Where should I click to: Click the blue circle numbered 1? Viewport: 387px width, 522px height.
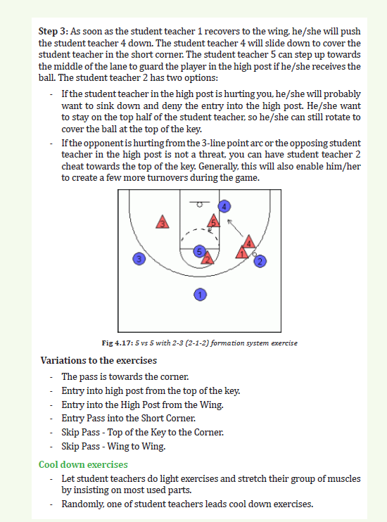pyautogui.click(x=200, y=295)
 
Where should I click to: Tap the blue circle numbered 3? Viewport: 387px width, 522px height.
pyautogui.click(x=139, y=259)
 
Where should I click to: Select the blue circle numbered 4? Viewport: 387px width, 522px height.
pyautogui.click(x=224, y=206)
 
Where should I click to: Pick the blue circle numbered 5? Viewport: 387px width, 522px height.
pyautogui.click(x=199, y=251)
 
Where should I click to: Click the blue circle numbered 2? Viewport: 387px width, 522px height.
pyautogui.click(x=260, y=261)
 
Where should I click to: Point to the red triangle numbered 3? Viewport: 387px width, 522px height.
pyautogui.click(x=163, y=222)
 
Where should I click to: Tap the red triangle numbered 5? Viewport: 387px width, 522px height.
pyautogui.click(x=213, y=222)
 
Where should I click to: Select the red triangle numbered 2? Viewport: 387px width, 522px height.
pyautogui.click(x=208, y=258)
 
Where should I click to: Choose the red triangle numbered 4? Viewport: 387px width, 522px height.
pyautogui.click(x=249, y=242)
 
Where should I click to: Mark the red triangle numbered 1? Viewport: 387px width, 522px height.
pyautogui.click(x=242, y=253)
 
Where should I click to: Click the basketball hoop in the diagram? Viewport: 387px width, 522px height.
pyautogui.click(x=200, y=205)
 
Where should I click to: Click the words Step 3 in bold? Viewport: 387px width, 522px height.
pyautogui.click(x=53, y=31)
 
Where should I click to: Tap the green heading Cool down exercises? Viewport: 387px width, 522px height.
pyautogui.click(x=83, y=464)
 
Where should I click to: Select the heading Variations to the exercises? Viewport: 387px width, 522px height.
pyautogui.click(x=99, y=360)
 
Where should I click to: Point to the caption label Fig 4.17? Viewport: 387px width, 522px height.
pyautogui.click(x=118, y=343)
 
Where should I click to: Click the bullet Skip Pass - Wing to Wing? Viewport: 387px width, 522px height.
pyautogui.click(x=113, y=446)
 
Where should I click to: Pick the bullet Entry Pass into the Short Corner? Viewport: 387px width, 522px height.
pyautogui.click(x=128, y=418)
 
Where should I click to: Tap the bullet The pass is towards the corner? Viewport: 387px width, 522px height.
pyautogui.click(x=125, y=377)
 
